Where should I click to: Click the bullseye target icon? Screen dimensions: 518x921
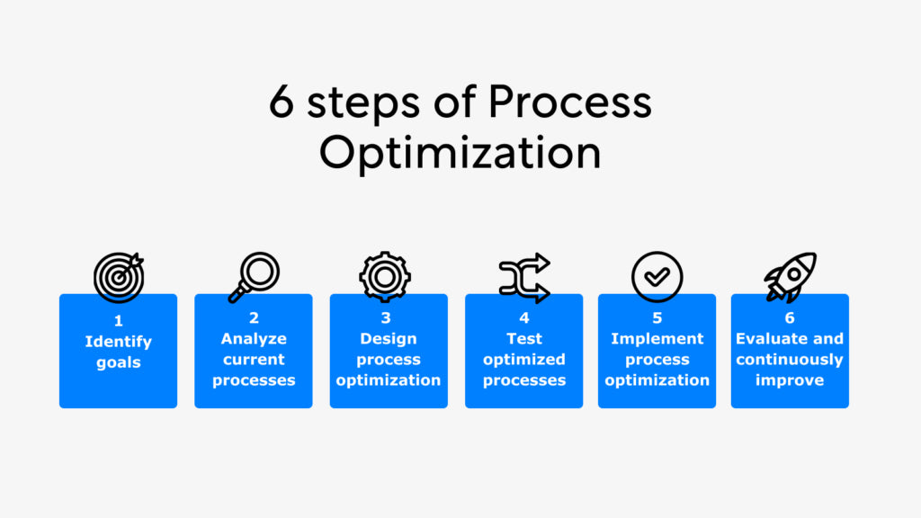click(x=119, y=276)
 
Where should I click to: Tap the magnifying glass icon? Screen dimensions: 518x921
click(x=254, y=276)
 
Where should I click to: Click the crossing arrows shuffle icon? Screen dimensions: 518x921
click(x=524, y=277)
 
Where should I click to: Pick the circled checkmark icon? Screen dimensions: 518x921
click(x=657, y=276)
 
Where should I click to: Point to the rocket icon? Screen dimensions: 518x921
click(x=790, y=276)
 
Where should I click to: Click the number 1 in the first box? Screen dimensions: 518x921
click(x=119, y=320)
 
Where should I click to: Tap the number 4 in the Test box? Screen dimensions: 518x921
click(x=524, y=317)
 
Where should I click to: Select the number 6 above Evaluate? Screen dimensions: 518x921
click(x=790, y=317)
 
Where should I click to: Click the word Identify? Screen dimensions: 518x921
click(x=119, y=342)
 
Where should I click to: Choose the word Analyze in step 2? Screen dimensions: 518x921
click(x=254, y=339)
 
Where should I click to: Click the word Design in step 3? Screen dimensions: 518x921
click(x=389, y=339)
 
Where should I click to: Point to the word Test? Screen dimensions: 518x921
click(x=524, y=339)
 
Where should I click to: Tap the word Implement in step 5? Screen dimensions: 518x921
click(x=657, y=339)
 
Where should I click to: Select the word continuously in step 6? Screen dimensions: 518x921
click(x=790, y=360)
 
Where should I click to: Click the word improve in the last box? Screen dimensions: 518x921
click(x=790, y=380)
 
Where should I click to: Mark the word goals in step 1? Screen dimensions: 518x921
click(x=119, y=362)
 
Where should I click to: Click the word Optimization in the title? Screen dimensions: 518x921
click(x=460, y=153)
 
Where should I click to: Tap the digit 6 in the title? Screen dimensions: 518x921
click(x=282, y=103)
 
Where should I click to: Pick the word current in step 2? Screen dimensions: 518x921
click(x=254, y=360)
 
